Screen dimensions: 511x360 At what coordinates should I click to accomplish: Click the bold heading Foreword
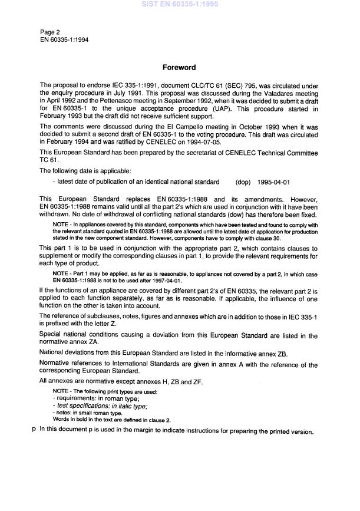(179, 68)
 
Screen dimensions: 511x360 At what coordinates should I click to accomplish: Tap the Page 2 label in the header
(50, 32)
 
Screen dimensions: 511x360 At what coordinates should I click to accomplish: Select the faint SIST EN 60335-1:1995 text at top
(179, 4)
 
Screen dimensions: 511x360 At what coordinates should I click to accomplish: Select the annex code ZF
(196, 382)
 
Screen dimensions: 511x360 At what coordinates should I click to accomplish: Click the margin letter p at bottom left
(34, 430)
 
